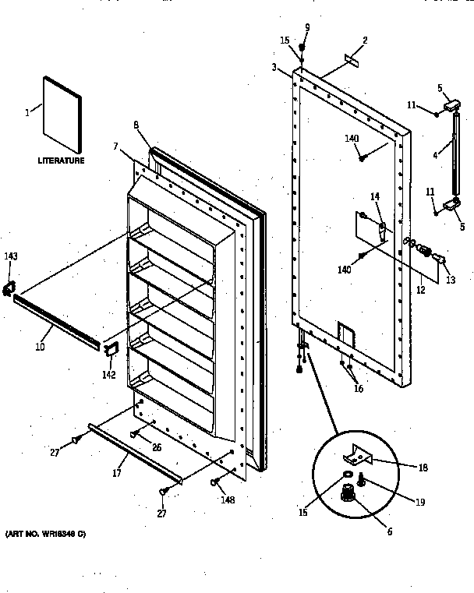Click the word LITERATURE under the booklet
point(61,161)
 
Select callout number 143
point(11,257)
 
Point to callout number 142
point(108,375)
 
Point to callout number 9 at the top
point(306,27)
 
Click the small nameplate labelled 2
point(349,58)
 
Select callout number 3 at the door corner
point(274,68)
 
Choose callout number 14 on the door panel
point(375,198)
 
